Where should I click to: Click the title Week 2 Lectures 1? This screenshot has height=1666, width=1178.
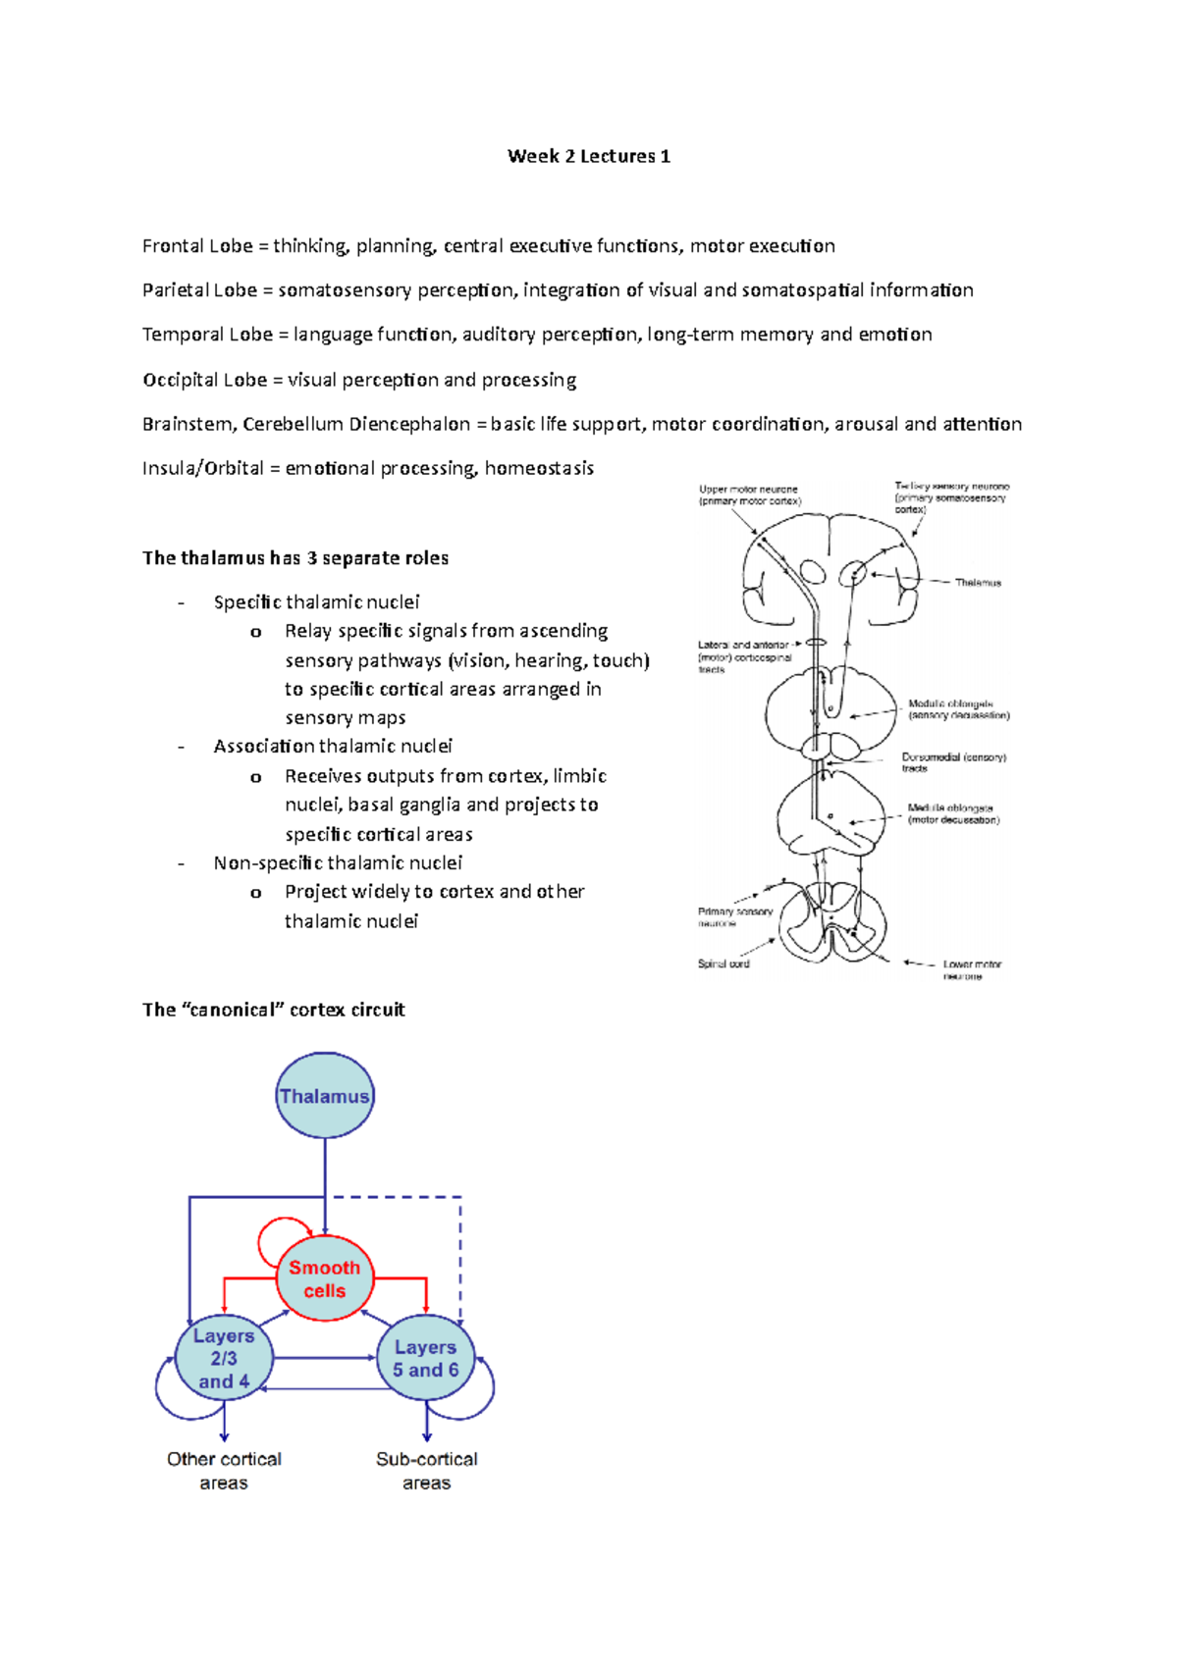tap(588, 156)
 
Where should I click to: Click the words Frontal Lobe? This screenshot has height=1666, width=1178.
tap(197, 246)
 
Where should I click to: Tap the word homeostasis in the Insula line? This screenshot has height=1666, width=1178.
tap(539, 468)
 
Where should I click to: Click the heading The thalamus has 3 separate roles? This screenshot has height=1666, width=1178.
tap(294, 558)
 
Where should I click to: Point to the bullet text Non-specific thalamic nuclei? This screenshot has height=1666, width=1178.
tap(338, 862)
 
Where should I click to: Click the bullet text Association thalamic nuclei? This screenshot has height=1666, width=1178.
tap(333, 746)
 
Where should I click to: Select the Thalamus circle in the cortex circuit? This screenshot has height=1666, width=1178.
tap(325, 1096)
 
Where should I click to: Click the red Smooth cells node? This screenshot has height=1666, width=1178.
tap(325, 1278)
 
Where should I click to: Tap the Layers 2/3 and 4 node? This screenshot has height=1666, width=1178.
tap(224, 1359)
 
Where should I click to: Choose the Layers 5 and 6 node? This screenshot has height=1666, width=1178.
tap(425, 1359)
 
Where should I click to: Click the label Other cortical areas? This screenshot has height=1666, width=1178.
tap(224, 1471)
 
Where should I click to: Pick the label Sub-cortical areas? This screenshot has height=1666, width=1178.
tap(426, 1471)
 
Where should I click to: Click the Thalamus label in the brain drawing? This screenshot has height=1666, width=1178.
tap(978, 583)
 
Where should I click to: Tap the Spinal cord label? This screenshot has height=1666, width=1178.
tap(723, 963)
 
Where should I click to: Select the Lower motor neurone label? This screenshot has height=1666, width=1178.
tap(971, 969)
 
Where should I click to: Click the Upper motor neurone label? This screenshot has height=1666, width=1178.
tap(749, 495)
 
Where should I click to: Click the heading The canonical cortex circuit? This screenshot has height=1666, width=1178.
tap(273, 1010)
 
